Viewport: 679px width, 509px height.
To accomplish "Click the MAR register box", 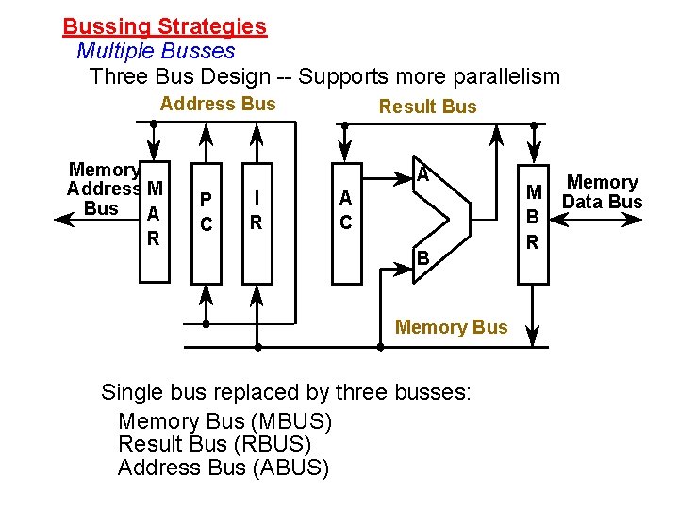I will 152,217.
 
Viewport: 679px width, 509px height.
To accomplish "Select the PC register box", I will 207,212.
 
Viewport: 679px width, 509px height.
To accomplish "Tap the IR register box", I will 256,212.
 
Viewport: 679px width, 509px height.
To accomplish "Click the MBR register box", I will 532,217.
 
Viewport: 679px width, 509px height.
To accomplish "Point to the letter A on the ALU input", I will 423,174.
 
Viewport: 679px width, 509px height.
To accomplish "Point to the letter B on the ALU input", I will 423,256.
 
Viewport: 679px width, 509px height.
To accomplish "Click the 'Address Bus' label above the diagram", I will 218,104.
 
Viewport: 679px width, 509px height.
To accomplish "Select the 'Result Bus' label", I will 427,107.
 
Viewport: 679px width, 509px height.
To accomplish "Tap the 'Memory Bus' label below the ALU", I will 451,327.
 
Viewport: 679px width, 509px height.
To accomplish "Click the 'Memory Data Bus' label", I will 602,191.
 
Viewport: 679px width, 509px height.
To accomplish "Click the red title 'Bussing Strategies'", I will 164,27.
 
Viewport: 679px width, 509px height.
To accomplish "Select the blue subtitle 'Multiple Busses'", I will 155,51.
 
